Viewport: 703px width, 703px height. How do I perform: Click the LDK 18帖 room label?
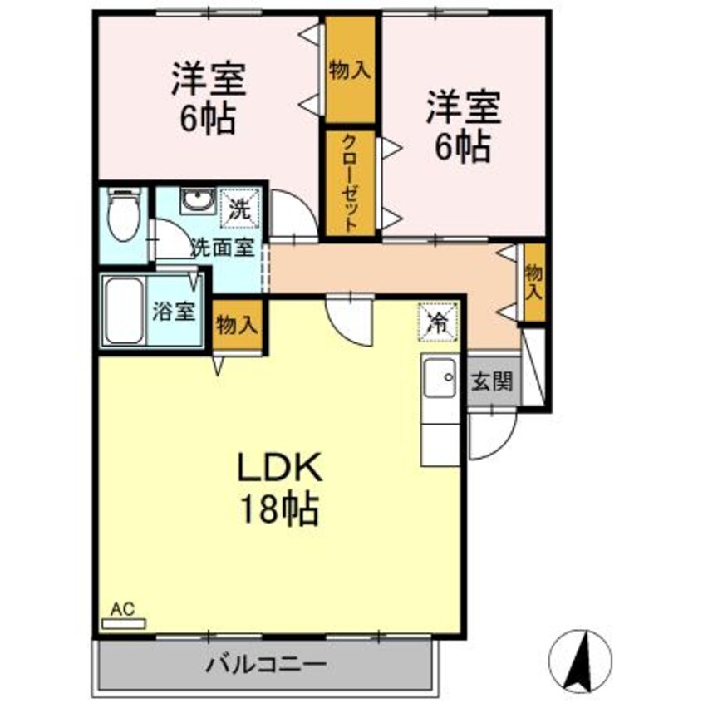(279, 490)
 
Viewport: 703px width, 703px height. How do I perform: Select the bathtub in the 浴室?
(125, 311)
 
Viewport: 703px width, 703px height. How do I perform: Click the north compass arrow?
(582, 652)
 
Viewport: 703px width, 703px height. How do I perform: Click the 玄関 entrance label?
(492, 383)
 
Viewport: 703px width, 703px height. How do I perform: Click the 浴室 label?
(173, 312)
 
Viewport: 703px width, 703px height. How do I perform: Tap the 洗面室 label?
(223, 247)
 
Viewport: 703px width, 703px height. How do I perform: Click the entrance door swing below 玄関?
(490, 432)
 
